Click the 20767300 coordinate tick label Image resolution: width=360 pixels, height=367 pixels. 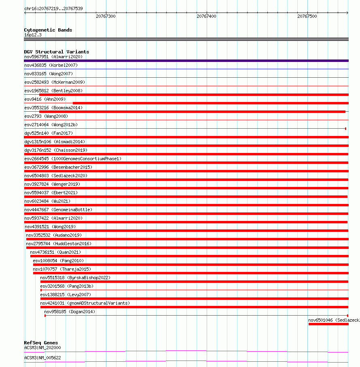click(x=106, y=16)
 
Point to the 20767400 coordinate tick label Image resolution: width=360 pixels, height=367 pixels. click(x=206, y=16)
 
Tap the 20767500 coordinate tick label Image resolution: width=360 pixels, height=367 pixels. click(x=307, y=16)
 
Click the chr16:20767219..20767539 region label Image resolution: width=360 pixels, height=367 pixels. click(x=53, y=8)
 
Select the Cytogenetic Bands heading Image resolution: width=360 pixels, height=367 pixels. click(x=48, y=30)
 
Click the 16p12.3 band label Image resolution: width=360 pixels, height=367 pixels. click(x=33, y=35)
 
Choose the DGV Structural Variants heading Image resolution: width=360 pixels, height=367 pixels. click(x=57, y=52)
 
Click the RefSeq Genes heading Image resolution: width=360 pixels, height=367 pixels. click(x=41, y=343)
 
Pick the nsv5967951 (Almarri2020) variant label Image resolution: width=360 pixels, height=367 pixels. click(x=53, y=57)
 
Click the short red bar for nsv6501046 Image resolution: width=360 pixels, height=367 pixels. click(x=328, y=324)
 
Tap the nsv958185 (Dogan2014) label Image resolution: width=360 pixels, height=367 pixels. click(x=70, y=312)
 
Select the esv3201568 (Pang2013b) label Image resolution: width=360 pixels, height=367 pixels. click(x=67, y=286)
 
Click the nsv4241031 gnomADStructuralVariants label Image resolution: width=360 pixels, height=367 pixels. click(x=85, y=303)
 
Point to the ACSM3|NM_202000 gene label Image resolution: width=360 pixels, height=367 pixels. click(x=42, y=348)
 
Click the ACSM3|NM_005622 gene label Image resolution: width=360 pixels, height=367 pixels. click(x=42, y=358)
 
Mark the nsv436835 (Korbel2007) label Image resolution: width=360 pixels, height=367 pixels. click(x=51, y=65)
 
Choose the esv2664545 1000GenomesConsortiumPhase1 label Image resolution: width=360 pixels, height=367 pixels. click(x=73, y=159)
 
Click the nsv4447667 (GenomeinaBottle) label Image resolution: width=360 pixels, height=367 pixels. click(x=58, y=210)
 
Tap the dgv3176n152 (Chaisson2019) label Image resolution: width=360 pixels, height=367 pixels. click(x=56, y=150)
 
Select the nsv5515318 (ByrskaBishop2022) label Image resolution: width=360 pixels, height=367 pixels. click(x=75, y=278)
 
